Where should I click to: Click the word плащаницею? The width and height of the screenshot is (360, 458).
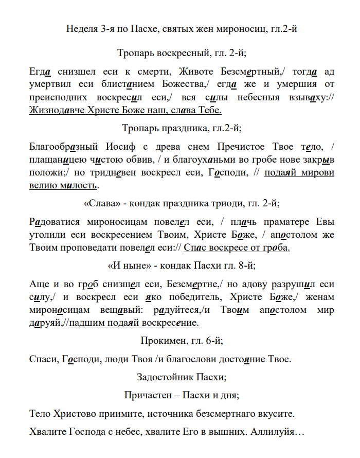point(58,160)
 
